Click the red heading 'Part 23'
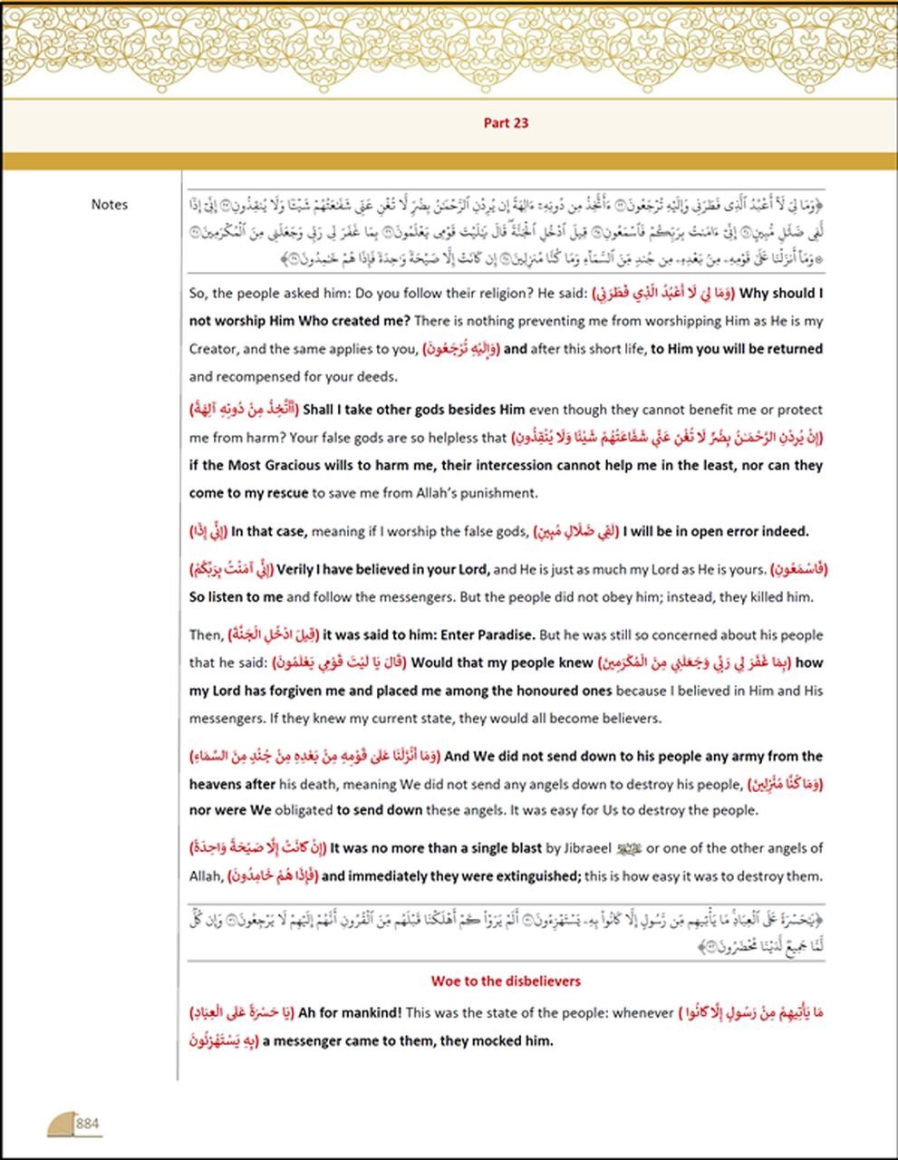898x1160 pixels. (506, 123)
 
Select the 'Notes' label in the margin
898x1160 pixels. (110, 205)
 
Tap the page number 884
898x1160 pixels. (88, 1124)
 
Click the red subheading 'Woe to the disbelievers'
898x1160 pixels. (506, 981)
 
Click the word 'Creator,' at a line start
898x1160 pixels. (213, 349)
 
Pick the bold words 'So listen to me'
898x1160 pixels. (236, 597)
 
